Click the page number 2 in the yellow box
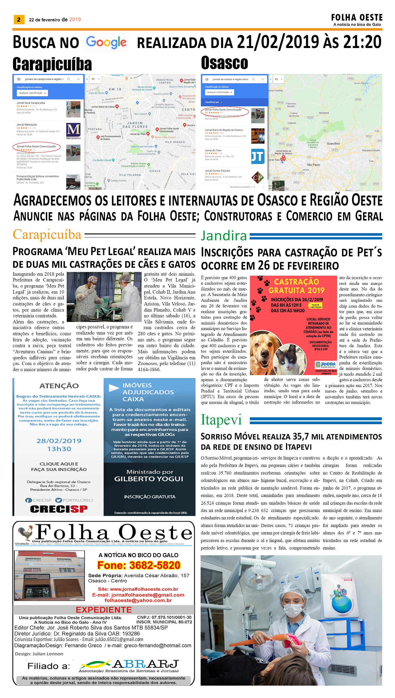pyautogui.click(x=19, y=20)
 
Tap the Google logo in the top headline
pyautogui.click(x=106, y=42)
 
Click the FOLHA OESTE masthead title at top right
pyautogui.click(x=357, y=18)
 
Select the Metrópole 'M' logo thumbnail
pyautogui.click(x=73, y=131)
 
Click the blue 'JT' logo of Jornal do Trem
pyautogui.click(x=257, y=156)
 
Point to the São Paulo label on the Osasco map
pyautogui.click(x=313, y=165)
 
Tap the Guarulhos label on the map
pyautogui.click(x=333, y=144)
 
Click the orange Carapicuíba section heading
pyautogui.click(x=47, y=235)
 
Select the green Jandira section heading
pyautogui.click(x=224, y=236)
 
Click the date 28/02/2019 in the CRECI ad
pyautogui.click(x=59, y=441)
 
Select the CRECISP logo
pyautogui.click(x=59, y=509)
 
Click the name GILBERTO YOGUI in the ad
pyautogui.click(x=149, y=479)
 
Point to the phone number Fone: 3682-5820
pyautogui.click(x=139, y=565)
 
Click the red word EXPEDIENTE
pyautogui.click(x=104, y=610)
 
